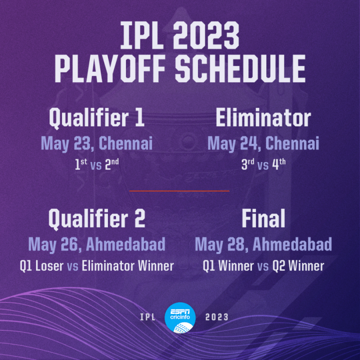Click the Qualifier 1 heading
(96, 118)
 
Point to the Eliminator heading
(263, 118)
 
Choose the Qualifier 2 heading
(96, 219)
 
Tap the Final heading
(263, 219)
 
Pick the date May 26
(54, 244)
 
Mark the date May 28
(221, 244)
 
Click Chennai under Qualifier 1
(126, 144)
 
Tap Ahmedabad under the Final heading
(292, 244)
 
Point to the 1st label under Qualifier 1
(81, 164)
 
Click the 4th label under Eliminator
(279, 164)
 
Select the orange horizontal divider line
(180, 191)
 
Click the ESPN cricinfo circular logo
(180, 316)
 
